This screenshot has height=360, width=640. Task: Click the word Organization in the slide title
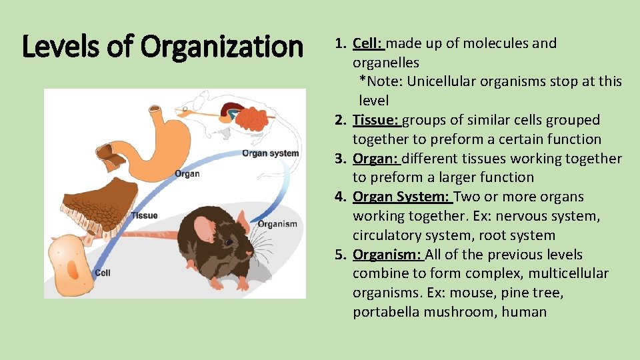coord(222,47)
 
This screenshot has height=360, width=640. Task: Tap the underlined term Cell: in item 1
coord(367,43)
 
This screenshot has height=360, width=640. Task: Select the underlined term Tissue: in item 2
coord(375,120)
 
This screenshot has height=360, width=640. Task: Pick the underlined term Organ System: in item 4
coord(402,197)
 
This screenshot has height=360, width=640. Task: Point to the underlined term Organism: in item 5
coord(387,255)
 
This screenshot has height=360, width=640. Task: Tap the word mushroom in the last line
coord(464,312)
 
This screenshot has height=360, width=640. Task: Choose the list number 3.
coord(341,159)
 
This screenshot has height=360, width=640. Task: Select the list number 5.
coord(341,255)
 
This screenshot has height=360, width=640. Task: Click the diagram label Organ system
coord(270,153)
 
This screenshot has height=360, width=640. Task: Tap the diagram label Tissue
coord(145,215)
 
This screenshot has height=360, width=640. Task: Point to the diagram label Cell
coord(103,272)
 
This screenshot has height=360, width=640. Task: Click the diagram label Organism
coord(277,223)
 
